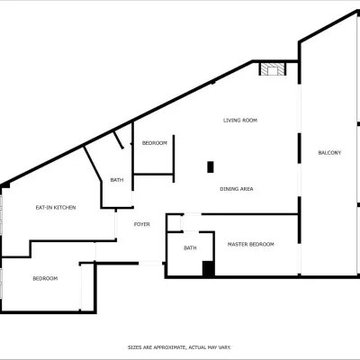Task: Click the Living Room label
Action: pos(240,121)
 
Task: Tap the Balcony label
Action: pos(329,153)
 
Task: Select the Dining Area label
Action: pos(237,189)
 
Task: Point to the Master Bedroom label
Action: pos(251,245)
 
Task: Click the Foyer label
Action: pos(142,224)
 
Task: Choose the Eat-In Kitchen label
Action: pos(56,208)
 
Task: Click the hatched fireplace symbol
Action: pos(273,69)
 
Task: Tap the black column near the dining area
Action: pos(211,167)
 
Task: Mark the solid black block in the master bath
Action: pos(208,268)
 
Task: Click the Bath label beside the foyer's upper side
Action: pos(117,180)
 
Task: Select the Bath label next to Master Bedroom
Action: pos(190,248)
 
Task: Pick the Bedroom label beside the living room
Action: pos(155,143)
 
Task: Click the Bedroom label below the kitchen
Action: pos(45,279)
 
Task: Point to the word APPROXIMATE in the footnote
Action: pos(169,347)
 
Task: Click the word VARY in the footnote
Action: pos(225,347)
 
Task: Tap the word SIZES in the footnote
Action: pos(135,347)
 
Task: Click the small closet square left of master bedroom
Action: pos(175,223)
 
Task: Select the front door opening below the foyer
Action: pos(150,264)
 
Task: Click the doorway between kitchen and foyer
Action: pos(115,224)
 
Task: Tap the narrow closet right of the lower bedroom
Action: pos(87,287)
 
